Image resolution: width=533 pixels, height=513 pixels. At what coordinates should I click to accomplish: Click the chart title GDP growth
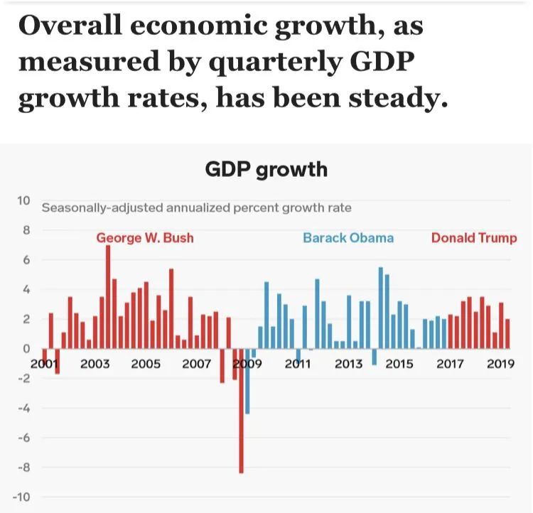[x=266, y=169]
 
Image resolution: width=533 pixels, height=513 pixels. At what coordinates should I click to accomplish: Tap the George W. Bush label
[x=145, y=237]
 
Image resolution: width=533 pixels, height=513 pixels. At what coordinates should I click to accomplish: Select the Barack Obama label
[x=348, y=237]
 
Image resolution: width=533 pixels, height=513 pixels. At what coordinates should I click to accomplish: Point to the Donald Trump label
[x=474, y=237]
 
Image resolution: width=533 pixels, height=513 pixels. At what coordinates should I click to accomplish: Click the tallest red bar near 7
[x=108, y=297]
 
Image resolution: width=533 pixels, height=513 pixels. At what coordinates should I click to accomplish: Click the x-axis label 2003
[x=95, y=364]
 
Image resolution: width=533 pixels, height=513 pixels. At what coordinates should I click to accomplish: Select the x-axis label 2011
[x=298, y=364]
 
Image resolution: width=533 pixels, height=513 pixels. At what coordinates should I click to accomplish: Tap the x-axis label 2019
[x=501, y=364]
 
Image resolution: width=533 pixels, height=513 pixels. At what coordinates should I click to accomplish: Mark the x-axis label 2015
[x=399, y=364]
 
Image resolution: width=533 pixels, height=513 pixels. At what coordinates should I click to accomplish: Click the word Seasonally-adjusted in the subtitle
[x=102, y=208]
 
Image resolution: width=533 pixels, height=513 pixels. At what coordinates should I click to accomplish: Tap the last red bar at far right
[x=507, y=334]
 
